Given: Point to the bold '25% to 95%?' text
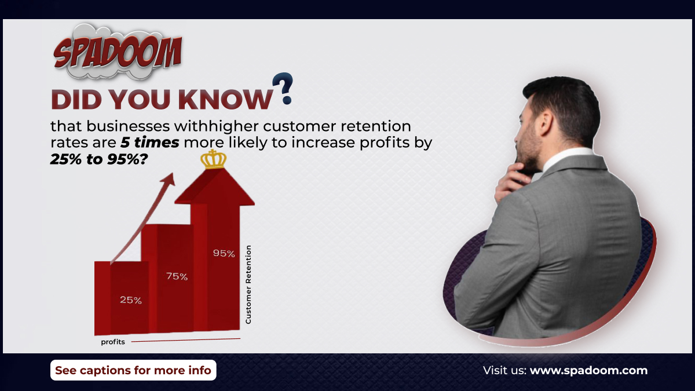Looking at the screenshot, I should pyautogui.click(x=98, y=160).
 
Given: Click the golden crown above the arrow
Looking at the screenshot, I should pyautogui.click(x=213, y=159).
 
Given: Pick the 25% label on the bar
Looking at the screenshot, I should pyautogui.click(x=130, y=300).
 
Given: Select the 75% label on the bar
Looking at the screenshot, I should pyautogui.click(x=177, y=276).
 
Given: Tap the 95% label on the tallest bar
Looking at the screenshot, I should pyautogui.click(x=224, y=253).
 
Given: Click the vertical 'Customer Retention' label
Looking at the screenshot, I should pyautogui.click(x=248, y=284).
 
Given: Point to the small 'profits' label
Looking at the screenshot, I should pyautogui.click(x=113, y=342).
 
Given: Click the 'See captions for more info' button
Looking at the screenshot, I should pyautogui.click(x=133, y=370).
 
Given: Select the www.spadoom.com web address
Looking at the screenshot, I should pyautogui.click(x=588, y=370).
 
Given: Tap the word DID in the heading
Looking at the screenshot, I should pyautogui.click(x=73, y=100).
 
